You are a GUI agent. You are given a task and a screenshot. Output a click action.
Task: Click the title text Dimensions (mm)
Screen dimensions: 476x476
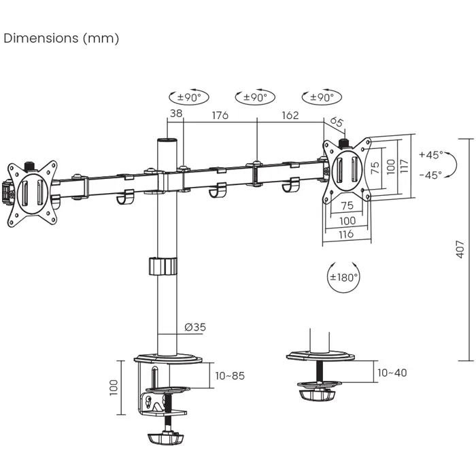[61, 38]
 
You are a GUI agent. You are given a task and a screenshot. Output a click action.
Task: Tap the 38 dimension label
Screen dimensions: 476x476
[175, 115]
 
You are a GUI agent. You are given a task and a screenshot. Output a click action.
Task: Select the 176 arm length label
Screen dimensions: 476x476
[220, 115]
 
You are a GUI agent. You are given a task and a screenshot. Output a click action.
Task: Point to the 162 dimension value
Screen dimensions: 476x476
[290, 115]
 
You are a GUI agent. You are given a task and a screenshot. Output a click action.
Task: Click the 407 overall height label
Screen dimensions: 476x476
[460, 249]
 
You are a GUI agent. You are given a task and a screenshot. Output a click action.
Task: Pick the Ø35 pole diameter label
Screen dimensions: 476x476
[195, 327]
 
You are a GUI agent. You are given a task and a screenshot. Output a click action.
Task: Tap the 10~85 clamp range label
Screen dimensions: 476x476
[230, 375]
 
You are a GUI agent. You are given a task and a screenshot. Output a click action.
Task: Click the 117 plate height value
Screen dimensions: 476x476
[405, 167]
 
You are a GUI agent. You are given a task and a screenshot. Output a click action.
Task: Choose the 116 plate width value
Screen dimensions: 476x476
[347, 234]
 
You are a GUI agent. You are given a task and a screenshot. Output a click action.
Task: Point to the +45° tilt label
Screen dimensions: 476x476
[430, 154]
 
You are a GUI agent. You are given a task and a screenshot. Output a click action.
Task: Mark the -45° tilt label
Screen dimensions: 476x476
[430, 175]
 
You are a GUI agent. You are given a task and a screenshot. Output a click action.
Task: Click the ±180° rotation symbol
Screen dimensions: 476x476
[343, 277]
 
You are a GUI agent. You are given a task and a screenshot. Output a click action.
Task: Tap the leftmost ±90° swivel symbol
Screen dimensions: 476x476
[188, 97]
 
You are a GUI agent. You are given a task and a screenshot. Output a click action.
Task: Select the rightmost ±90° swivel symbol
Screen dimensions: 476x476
[321, 97]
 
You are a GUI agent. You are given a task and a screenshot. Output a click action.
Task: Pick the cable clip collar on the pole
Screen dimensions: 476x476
[163, 266]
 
